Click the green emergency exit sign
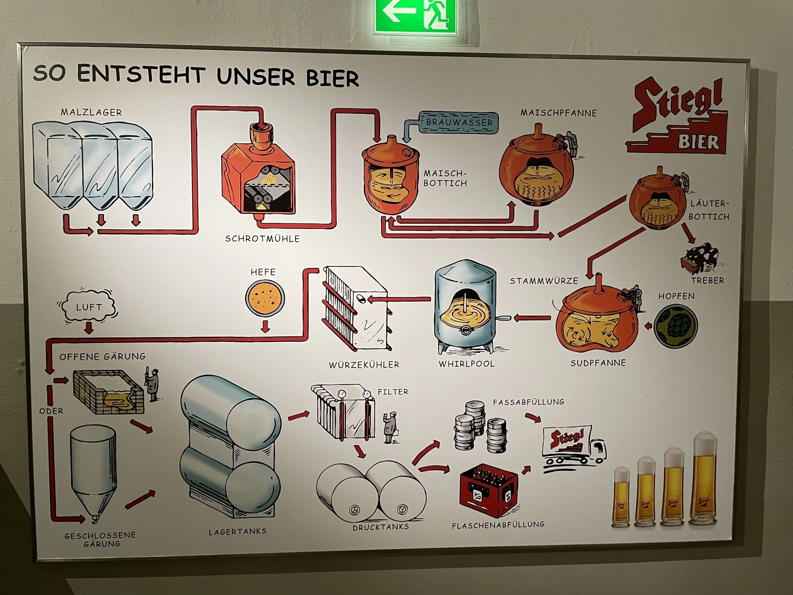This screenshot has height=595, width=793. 415,17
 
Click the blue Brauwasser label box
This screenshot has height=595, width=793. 459,122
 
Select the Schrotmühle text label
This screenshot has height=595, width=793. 263,239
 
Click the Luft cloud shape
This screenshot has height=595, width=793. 89,307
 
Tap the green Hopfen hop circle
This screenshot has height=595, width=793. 676,325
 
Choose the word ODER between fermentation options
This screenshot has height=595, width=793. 51,411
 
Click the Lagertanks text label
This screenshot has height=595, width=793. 238,531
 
